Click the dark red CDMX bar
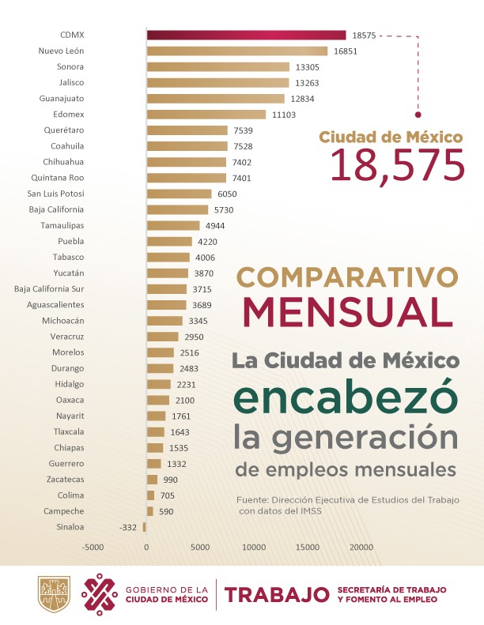(246, 35)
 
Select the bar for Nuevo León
(236, 51)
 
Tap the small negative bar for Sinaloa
(145, 527)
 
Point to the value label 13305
(308, 67)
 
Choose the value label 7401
(244, 178)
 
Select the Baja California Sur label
(50, 288)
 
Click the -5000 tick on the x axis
(93, 547)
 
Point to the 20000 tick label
(362, 547)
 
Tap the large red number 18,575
(397, 165)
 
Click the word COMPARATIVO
(347, 277)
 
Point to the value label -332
(128, 527)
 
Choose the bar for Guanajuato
(215, 99)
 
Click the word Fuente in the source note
(251, 500)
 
